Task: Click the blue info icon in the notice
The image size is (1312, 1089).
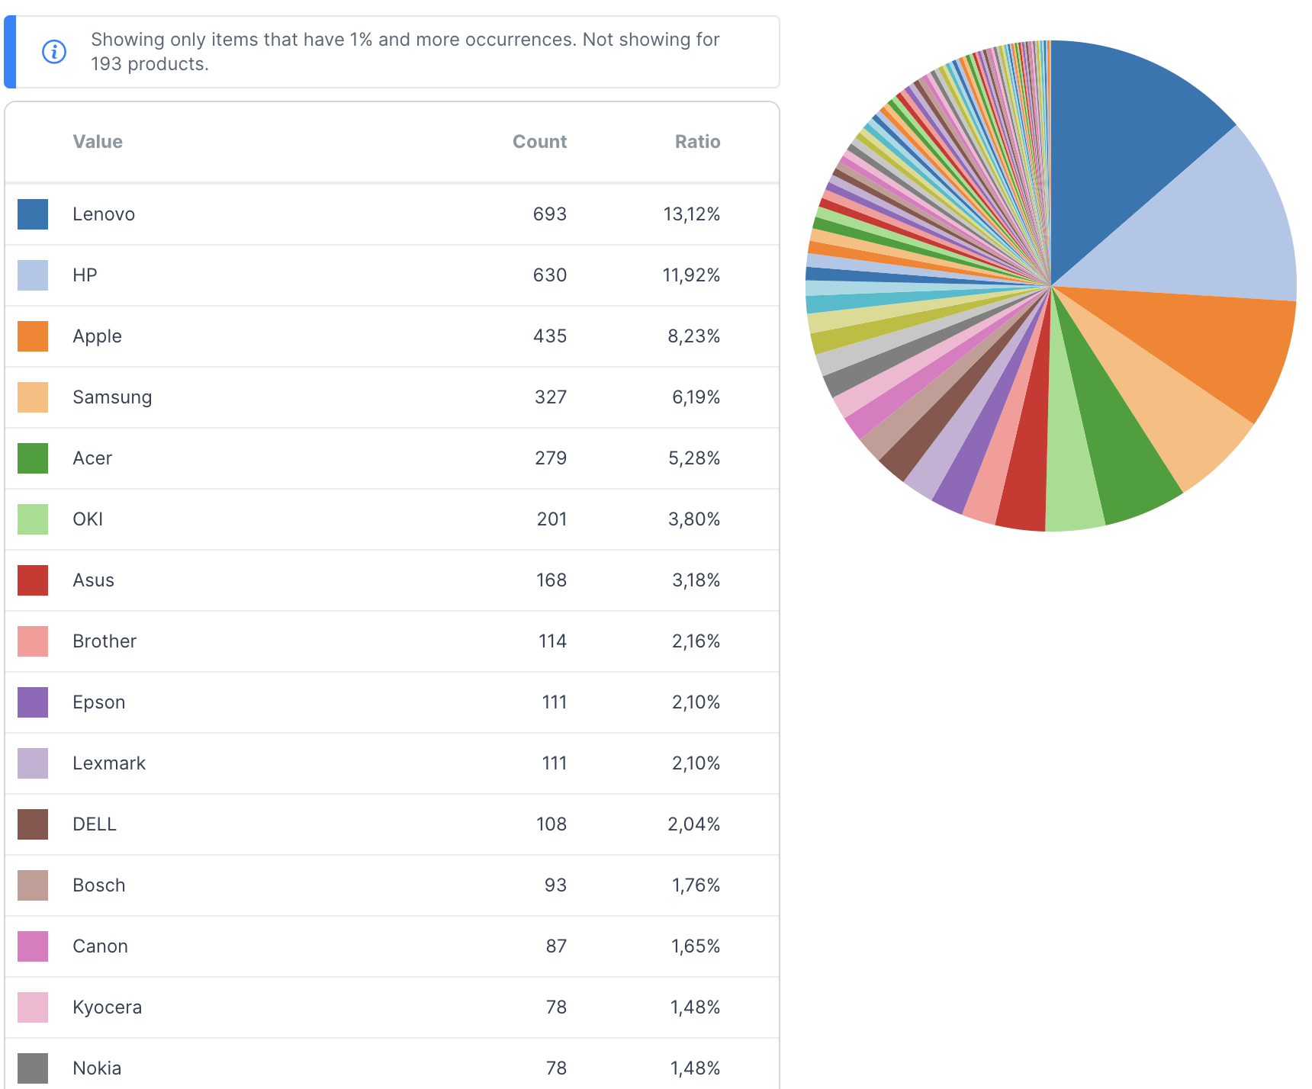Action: click(x=54, y=52)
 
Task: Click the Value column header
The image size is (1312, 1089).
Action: click(x=98, y=142)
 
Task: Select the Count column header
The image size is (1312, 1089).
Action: click(x=539, y=142)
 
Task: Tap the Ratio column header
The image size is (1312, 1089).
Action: click(x=697, y=142)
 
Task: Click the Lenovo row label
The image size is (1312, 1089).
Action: click(x=104, y=214)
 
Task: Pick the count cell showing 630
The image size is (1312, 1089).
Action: click(x=549, y=275)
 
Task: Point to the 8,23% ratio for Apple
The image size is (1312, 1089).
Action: click(x=693, y=336)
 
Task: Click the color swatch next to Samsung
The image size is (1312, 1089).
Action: click(x=33, y=397)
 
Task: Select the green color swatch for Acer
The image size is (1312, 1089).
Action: click(x=33, y=458)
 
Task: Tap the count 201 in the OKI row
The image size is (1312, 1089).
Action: click(x=551, y=519)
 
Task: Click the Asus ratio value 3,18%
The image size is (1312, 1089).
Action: click(x=696, y=580)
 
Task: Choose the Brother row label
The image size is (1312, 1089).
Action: click(x=105, y=641)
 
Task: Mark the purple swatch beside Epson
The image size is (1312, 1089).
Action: click(x=33, y=702)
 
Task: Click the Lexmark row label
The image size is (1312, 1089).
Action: click(x=109, y=763)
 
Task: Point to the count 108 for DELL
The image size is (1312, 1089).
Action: click(x=551, y=824)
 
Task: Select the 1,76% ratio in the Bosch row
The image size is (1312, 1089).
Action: click(x=696, y=885)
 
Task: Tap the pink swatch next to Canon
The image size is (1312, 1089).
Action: click(x=33, y=946)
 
